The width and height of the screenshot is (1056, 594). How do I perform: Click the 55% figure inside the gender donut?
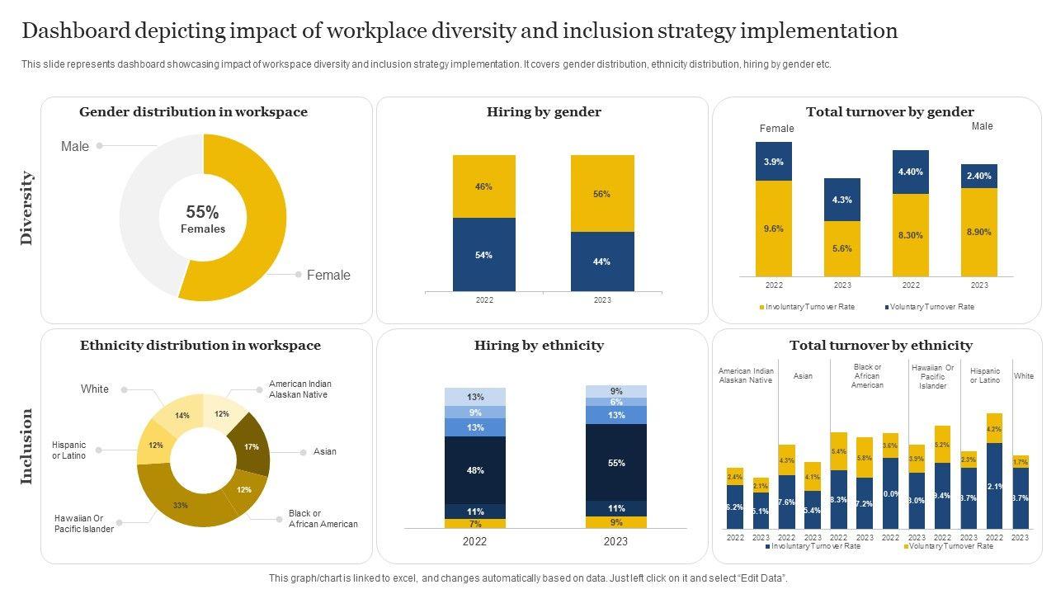coord(202,212)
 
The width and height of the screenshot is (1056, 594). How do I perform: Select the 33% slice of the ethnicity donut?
coord(180,505)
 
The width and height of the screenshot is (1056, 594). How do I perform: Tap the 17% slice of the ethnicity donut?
coord(252,446)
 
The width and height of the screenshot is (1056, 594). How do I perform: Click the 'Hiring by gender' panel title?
coord(544,112)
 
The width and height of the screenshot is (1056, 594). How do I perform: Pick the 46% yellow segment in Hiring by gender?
coord(483,186)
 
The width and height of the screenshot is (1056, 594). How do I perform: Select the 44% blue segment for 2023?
coord(602,262)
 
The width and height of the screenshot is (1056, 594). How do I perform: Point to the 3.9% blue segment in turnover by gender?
coord(773,162)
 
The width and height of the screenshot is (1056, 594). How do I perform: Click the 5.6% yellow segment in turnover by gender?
coord(841,248)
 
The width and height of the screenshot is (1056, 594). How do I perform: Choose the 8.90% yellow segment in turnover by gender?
coord(978,233)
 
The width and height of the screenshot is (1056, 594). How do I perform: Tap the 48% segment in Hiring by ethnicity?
coord(474,470)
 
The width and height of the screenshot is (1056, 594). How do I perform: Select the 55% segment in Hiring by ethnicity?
coord(615,464)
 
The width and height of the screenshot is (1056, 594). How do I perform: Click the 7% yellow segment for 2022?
coord(474,524)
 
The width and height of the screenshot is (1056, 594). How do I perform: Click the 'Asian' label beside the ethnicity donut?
coord(325,452)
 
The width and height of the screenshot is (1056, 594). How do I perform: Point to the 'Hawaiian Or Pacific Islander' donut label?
coord(84,524)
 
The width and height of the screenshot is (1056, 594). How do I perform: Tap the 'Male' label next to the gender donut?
coord(75,147)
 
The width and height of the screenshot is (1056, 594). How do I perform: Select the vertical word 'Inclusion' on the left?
coord(27,446)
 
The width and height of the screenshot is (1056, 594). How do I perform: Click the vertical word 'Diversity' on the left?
coord(27,208)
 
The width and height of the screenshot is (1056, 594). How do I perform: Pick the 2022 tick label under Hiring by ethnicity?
coord(474,542)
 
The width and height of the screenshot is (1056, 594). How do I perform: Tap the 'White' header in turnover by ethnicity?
coord(1024,376)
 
